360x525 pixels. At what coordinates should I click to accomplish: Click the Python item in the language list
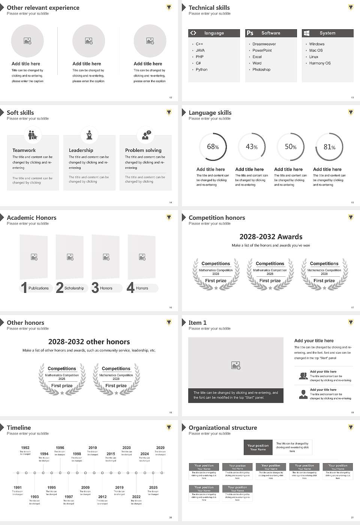pyautogui.click(x=201, y=70)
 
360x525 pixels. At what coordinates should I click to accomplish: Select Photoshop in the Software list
pyautogui.click(x=261, y=70)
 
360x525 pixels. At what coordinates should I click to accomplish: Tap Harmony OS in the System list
pyautogui.click(x=320, y=63)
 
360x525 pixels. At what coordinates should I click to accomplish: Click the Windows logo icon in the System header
pyautogui.click(x=306, y=33)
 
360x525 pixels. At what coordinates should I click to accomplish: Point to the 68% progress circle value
pyautogui.click(x=213, y=147)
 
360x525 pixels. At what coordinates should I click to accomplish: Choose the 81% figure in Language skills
pyautogui.click(x=329, y=147)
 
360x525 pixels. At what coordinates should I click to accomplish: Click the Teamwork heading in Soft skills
pyautogui.click(x=24, y=150)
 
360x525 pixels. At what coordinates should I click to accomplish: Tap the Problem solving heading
pyautogui.click(x=143, y=150)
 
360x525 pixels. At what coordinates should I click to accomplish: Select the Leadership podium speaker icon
pyautogui.click(x=89, y=135)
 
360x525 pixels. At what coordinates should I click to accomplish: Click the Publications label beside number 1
pyautogui.click(x=39, y=288)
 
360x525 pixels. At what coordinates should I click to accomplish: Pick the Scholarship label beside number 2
pyautogui.click(x=74, y=288)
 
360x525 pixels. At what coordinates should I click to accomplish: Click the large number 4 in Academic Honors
pyautogui.click(x=130, y=288)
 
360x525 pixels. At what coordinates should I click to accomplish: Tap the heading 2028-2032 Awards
pyautogui.click(x=271, y=237)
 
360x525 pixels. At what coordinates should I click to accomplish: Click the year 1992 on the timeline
pyautogui.click(x=25, y=448)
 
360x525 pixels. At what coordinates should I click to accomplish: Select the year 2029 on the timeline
pyautogui.click(x=160, y=448)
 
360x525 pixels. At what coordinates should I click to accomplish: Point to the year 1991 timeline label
pyautogui.click(x=18, y=488)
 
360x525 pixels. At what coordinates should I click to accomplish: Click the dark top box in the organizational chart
pyautogui.click(x=258, y=447)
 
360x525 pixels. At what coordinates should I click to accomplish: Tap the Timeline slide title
pyautogui.click(x=19, y=428)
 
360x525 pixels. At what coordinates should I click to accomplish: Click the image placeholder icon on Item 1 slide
pyautogui.click(x=236, y=365)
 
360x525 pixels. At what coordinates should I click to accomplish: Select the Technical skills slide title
pyautogui.click(x=209, y=8)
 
